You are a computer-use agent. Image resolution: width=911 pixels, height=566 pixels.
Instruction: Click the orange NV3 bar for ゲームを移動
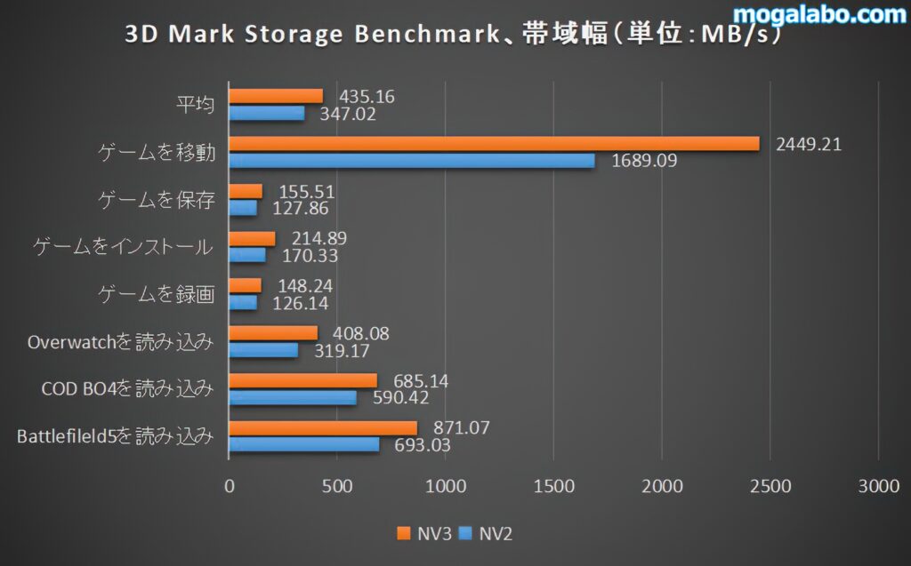(x=494, y=144)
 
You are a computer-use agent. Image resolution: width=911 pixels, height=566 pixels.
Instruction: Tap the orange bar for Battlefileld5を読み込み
(x=323, y=427)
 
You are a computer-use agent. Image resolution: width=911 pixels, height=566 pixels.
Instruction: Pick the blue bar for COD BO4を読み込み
(x=293, y=397)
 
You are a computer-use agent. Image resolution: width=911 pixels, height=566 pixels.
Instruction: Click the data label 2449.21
(x=809, y=144)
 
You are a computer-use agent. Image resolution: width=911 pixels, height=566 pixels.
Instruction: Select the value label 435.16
(x=363, y=96)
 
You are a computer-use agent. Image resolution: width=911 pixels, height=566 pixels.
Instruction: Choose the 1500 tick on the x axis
(x=553, y=486)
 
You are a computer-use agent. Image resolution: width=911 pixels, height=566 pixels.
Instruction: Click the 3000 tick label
(x=878, y=486)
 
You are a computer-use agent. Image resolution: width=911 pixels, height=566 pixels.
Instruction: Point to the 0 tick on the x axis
(x=230, y=486)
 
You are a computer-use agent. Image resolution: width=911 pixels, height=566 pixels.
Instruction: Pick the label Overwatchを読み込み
(x=121, y=342)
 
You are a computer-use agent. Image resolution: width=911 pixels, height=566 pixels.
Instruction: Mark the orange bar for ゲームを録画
(x=246, y=285)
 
